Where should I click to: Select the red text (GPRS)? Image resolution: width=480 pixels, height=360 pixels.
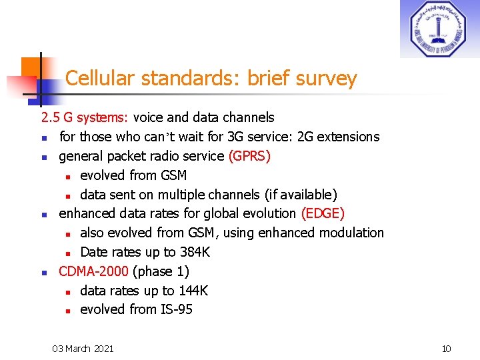[249, 156]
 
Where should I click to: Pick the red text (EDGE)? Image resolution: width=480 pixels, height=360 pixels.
[323, 213]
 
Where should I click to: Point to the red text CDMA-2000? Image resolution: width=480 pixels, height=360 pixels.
[94, 271]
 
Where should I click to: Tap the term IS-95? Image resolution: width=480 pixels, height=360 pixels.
[177, 309]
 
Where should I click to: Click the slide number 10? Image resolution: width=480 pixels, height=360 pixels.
[447, 348]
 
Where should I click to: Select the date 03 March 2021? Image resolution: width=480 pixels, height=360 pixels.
[83, 348]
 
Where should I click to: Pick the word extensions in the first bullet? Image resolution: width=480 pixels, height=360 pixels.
[347, 137]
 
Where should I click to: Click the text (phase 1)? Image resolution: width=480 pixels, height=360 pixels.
[161, 271]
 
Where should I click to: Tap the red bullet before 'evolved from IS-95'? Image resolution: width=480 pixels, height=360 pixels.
[68, 311]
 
